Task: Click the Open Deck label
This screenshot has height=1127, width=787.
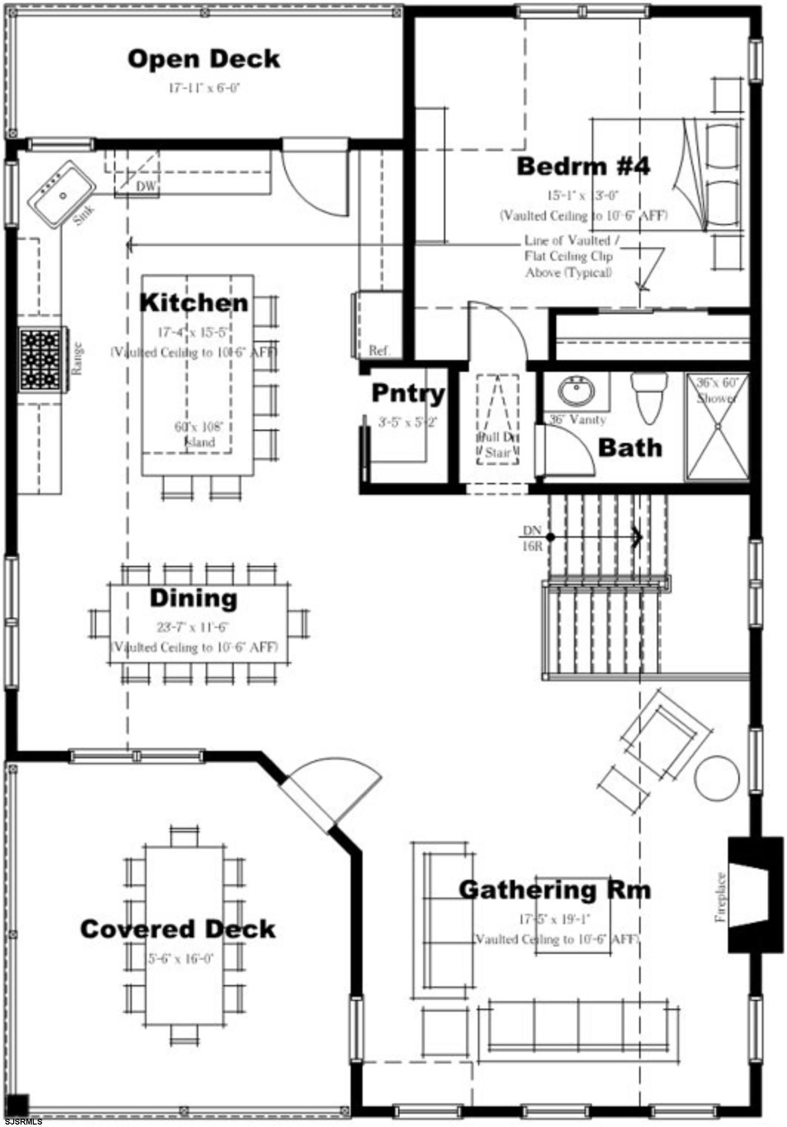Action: (x=204, y=59)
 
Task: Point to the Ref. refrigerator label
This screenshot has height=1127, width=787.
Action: (x=379, y=350)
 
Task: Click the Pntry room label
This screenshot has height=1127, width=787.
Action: (x=408, y=393)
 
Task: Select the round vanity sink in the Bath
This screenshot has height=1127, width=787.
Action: (x=576, y=389)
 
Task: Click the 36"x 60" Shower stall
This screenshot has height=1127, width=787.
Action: (x=717, y=426)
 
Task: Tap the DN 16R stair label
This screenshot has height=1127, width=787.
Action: (x=532, y=538)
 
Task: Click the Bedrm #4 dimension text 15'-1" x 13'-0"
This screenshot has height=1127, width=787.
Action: (x=583, y=195)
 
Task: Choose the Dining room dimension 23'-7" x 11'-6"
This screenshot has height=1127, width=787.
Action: (x=193, y=627)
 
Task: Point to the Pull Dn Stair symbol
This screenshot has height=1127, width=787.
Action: (x=498, y=420)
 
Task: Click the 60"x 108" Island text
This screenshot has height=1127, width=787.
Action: (x=199, y=434)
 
